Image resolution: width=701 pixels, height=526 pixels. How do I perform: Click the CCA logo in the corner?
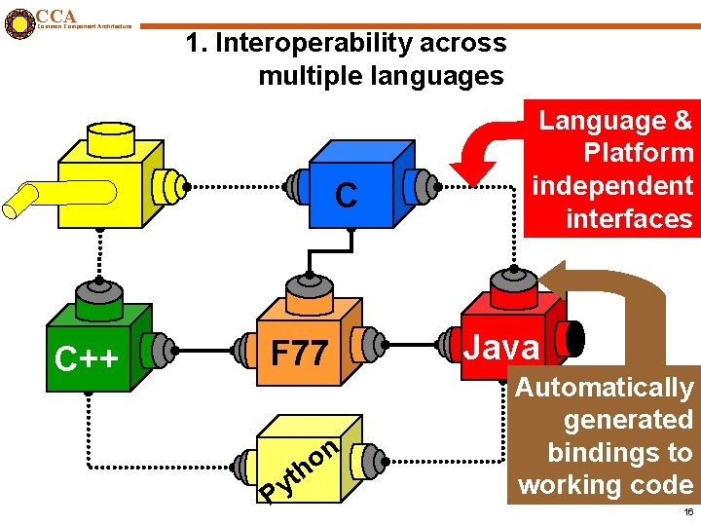18,21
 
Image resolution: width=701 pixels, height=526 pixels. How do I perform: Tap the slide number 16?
687,511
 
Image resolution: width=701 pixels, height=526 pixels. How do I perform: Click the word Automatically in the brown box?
604,388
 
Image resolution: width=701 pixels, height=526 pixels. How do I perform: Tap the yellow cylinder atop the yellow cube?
113,140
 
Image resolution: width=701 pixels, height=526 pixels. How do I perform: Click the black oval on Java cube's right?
575,338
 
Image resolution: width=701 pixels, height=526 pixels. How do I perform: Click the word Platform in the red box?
638,153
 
